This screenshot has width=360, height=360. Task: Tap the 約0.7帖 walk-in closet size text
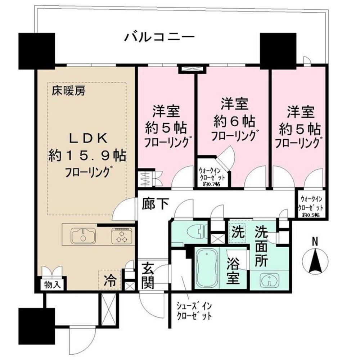tap(212, 184)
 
